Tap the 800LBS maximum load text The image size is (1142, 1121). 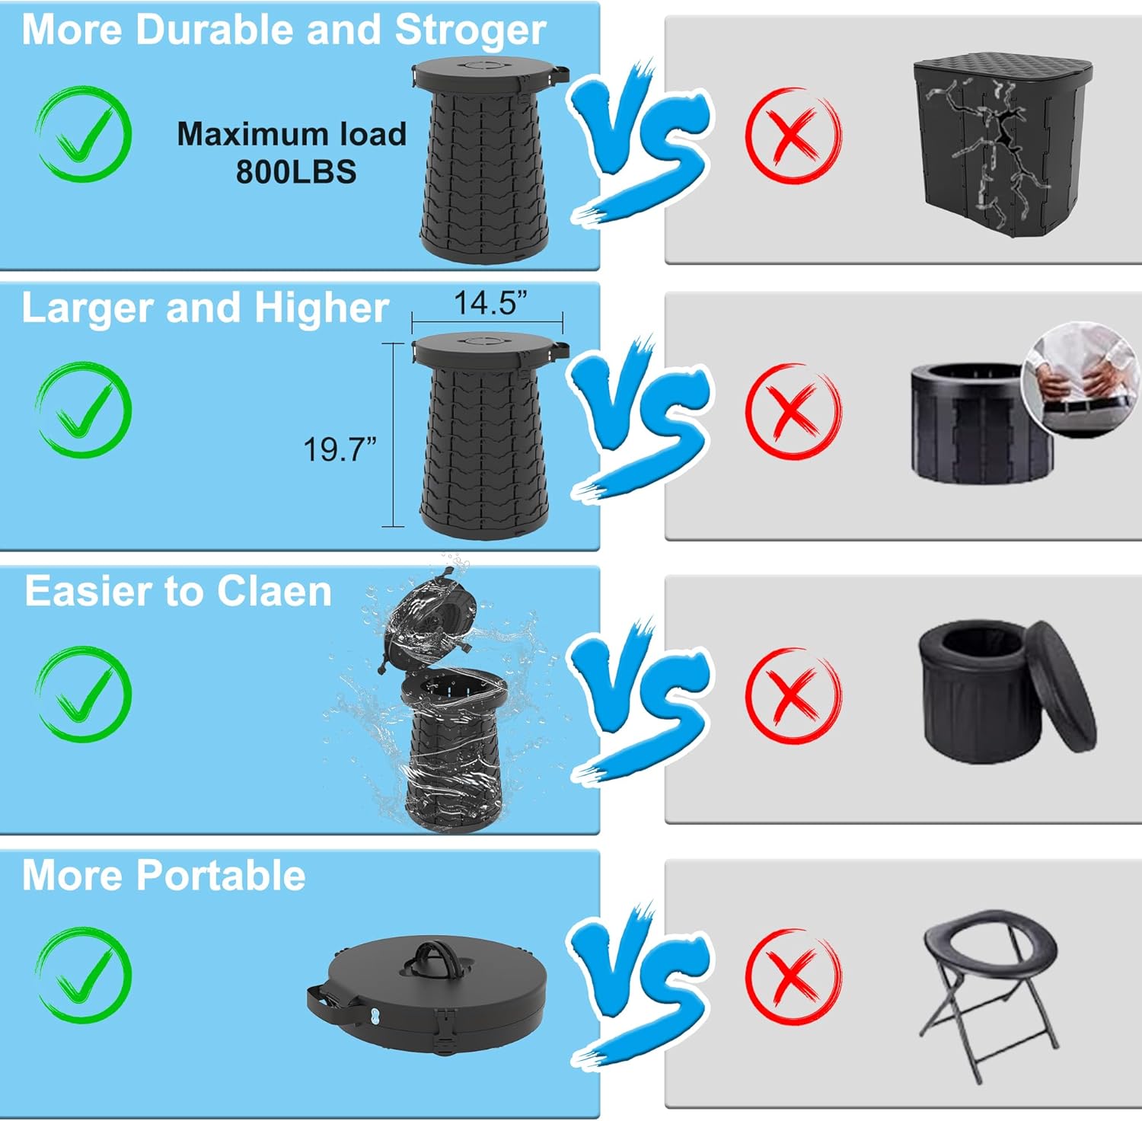coord(295,172)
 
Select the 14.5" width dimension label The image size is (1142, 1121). coord(490,303)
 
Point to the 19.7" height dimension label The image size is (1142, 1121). coord(340,450)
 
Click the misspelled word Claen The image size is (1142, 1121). coord(273,592)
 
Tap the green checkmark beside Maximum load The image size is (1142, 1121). coord(84,134)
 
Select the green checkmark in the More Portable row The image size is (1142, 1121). coord(84,975)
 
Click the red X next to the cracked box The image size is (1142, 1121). coord(793,136)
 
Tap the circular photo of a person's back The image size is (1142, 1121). coord(1080,378)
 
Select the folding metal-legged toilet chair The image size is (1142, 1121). coord(990,990)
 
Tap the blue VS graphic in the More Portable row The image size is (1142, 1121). coord(641,982)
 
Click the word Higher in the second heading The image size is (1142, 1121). coord(321,309)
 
